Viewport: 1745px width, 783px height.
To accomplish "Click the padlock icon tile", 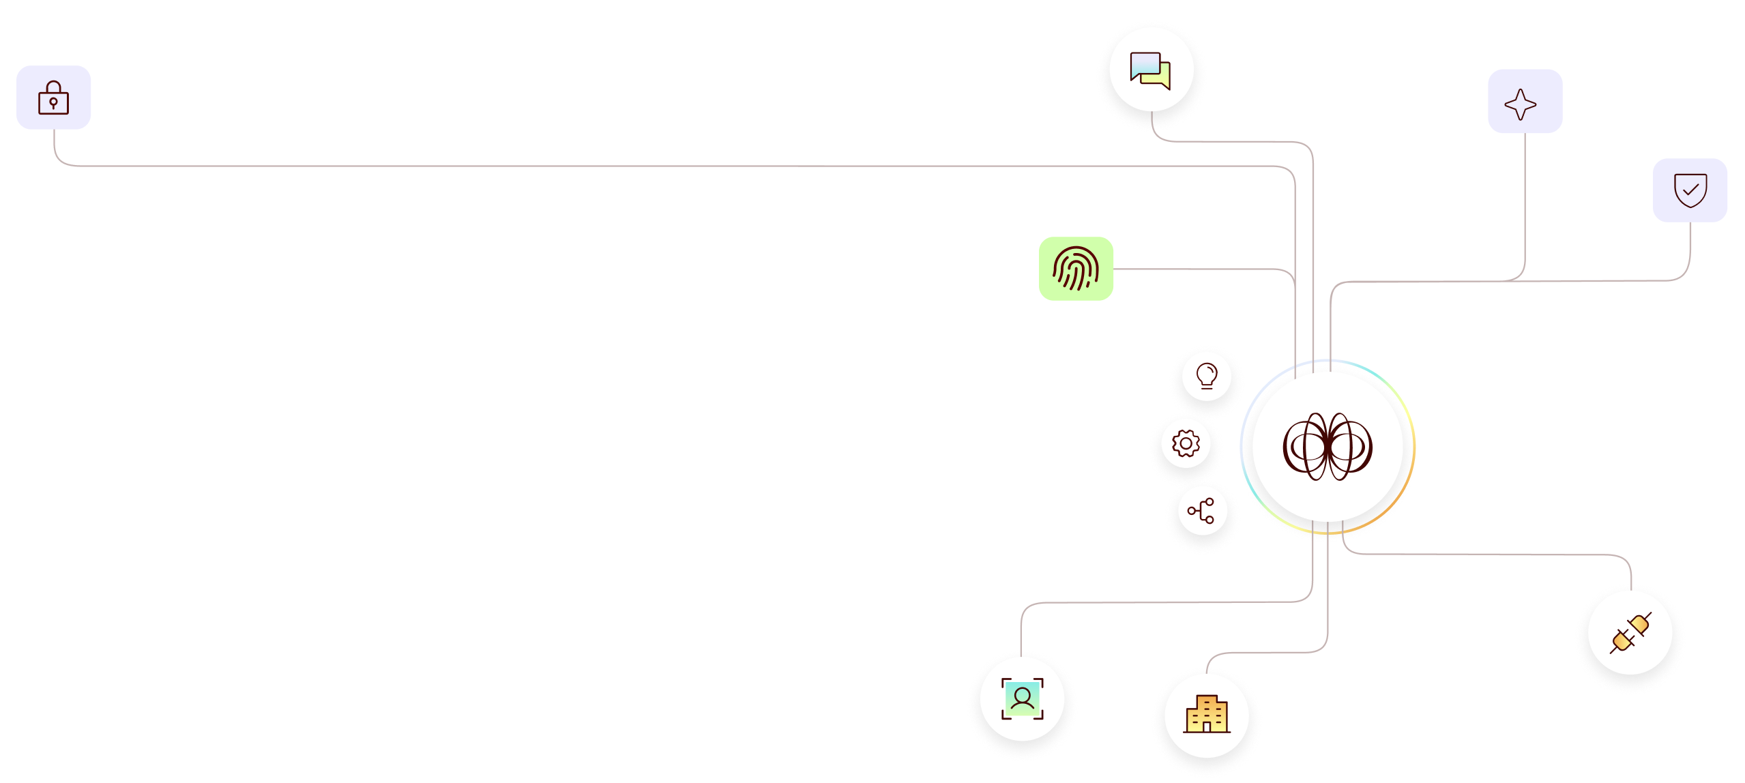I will point(54,98).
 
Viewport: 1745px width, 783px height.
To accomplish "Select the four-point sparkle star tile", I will point(1525,101).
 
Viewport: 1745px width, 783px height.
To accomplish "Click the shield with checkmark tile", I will point(1690,190).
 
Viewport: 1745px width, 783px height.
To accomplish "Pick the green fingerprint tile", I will point(1076,269).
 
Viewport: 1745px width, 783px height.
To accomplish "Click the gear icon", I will point(1186,443).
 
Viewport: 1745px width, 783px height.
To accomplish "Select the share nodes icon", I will point(1201,510).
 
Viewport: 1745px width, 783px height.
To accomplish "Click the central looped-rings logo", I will point(1328,446).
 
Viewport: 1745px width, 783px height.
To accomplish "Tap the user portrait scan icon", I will point(1022,698).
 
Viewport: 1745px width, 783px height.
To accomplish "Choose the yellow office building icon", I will point(1206,715).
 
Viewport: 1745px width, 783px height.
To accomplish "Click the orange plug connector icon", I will point(1630,633).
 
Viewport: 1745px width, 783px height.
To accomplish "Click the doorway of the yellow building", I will point(1206,727).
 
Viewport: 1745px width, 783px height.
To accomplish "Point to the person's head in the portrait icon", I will point(1022,694).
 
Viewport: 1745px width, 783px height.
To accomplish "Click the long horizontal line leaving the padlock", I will point(614,166).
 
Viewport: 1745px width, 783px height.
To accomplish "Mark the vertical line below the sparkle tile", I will point(1525,205).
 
